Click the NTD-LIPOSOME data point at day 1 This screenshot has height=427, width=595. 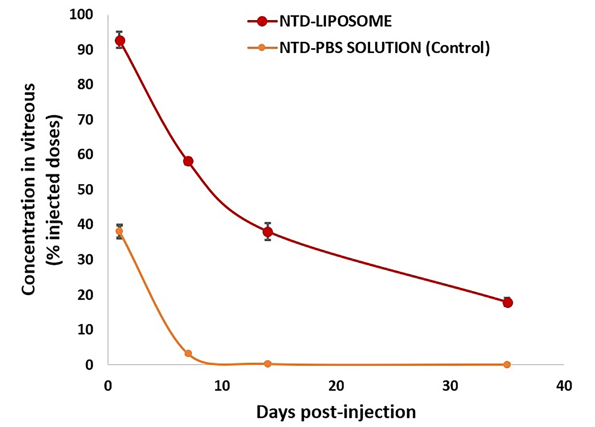point(120,40)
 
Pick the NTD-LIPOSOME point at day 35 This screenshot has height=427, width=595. point(508,303)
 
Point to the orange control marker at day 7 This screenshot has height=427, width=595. point(188,353)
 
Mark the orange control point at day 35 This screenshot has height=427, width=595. point(507,365)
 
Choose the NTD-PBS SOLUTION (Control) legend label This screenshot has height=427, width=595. point(384,48)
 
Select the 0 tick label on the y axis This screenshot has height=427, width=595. point(89,365)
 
